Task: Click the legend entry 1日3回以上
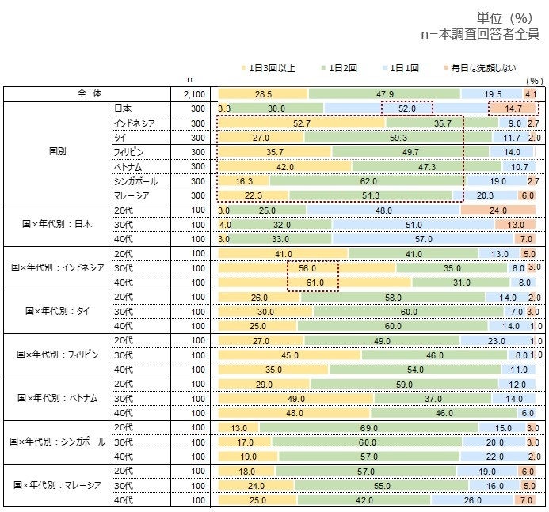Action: pos(272,69)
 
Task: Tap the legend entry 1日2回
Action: pos(339,69)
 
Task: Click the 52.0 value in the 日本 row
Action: pos(407,108)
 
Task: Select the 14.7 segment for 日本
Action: pos(513,108)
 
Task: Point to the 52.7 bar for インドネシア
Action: pos(301,123)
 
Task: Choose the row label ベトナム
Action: pos(130,166)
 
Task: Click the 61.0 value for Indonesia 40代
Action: pos(314,283)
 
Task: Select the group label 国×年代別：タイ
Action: pos(58,311)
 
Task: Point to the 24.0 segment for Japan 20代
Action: pos(498,210)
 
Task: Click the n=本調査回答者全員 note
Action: pos(479,35)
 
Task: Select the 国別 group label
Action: pos(57,151)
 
